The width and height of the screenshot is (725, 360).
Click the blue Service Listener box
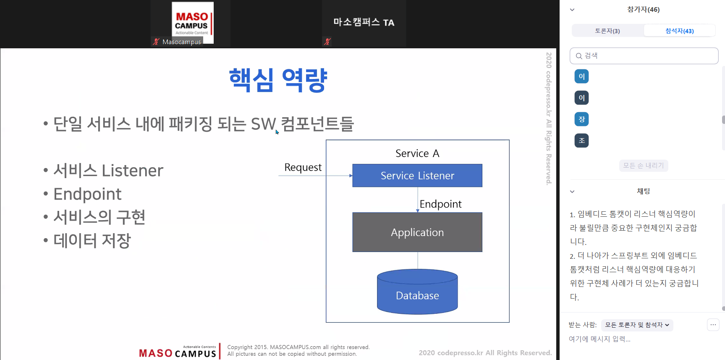point(417,176)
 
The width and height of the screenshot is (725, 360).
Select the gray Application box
point(417,232)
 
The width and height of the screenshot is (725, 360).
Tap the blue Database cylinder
point(417,292)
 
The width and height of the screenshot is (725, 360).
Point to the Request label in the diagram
point(303,168)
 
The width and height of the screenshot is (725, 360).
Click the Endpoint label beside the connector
point(440,204)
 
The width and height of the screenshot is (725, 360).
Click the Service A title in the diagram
point(417,153)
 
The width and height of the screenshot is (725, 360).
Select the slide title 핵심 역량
point(278,80)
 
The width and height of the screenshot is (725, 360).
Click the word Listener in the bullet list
point(132,171)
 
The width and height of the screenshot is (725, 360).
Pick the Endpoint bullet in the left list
point(87,194)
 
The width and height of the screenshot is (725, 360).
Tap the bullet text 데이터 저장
point(92,241)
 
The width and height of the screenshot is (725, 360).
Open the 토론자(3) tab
point(607,31)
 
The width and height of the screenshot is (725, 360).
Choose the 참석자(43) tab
point(680,31)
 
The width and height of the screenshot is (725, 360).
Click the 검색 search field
point(644,56)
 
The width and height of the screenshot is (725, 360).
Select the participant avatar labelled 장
point(581,119)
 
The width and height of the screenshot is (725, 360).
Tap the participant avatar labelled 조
point(581,141)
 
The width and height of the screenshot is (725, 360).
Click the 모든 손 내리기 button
point(644,166)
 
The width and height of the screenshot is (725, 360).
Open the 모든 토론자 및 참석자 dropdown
point(637,325)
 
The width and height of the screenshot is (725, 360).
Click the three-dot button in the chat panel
point(713,325)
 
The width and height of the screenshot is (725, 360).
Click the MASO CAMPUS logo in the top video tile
point(193,23)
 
